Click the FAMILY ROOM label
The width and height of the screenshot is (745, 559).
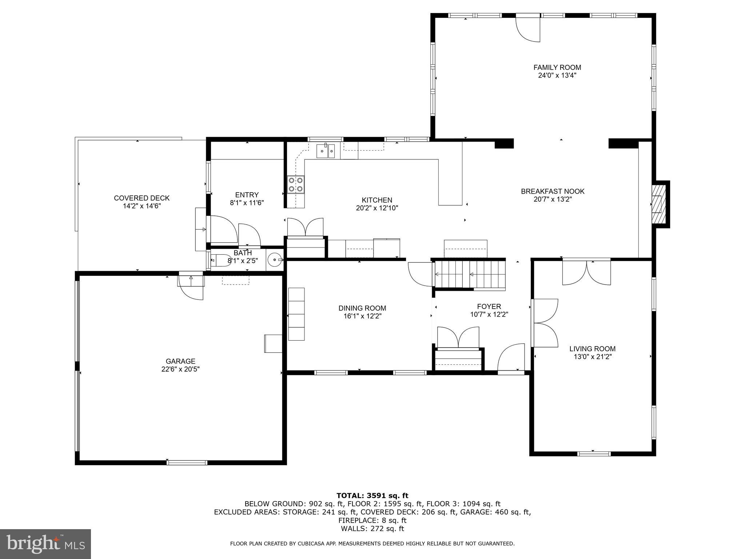tap(557, 67)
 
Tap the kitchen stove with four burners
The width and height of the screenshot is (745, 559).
tap(295, 184)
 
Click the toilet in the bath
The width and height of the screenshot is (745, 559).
tap(220, 260)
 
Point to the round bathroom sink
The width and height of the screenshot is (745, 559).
tap(274, 260)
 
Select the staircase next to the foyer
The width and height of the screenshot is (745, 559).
tap(470, 274)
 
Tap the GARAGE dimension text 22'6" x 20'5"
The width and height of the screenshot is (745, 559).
tap(180, 369)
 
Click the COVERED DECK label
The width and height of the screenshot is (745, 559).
tap(142, 198)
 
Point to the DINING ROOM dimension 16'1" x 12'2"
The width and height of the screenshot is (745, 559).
tap(362, 316)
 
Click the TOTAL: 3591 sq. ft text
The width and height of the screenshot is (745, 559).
tap(372, 495)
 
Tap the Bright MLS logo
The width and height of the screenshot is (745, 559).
tap(45, 544)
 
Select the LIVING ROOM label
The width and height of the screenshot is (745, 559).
tap(592, 349)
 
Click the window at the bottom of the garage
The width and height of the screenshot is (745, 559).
tap(187, 463)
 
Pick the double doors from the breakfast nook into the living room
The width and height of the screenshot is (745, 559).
tap(586, 272)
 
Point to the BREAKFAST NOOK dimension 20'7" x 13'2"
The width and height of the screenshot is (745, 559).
tap(552, 199)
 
